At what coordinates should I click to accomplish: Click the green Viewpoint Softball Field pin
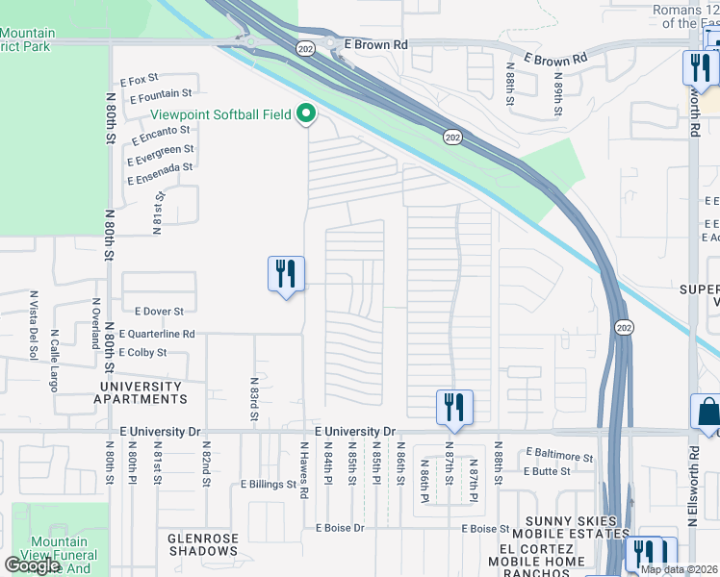click(307, 115)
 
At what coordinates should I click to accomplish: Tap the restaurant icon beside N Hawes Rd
click(286, 274)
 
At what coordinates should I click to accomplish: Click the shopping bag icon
click(707, 412)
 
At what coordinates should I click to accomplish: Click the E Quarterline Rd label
click(157, 335)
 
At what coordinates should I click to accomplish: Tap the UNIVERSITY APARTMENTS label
click(140, 392)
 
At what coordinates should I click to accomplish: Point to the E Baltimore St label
click(559, 455)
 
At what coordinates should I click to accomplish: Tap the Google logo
click(32, 565)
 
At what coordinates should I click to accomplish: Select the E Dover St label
click(159, 312)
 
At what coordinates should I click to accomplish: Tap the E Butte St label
click(548, 471)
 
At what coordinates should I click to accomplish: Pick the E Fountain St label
click(160, 95)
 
